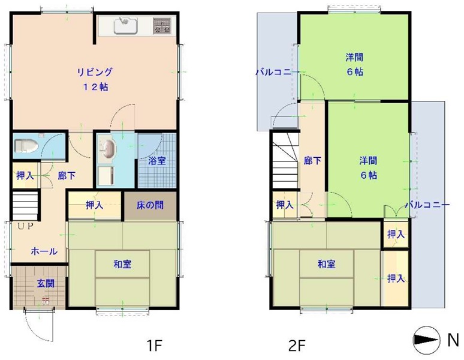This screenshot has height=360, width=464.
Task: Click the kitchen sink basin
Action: click(x=126, y=25)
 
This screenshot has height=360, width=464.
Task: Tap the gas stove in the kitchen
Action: click(x=162, y=25)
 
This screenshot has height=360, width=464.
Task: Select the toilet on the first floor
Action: click(x=26, y=146)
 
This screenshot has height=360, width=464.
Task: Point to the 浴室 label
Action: click(x=157, y=161)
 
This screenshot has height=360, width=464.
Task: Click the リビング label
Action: click(x=95, y=72)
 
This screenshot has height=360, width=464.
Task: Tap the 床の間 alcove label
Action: click(x=150, y=205)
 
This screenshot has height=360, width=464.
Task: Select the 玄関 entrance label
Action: click(x=46, y=284)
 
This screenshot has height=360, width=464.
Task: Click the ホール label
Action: click(x=44, y=251)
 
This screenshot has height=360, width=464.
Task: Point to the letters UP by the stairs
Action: click(x=25, y=226)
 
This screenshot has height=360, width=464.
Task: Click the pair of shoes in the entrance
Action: click(x=46, y=301)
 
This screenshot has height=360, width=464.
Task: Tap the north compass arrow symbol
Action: click(x=425, y=340)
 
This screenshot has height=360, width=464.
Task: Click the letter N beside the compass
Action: click(x=453, y=340)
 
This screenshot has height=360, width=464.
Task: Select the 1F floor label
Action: click(x=155, y=345)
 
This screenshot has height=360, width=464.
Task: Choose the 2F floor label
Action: click(x=297, y=346)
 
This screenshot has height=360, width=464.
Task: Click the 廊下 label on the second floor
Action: click(x=313, y=161)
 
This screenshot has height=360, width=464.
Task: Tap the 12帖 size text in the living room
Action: click(x=95, y=87)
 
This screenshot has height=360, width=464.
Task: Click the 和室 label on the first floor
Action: click(x=122, y=264)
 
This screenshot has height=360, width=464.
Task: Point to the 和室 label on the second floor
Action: click(x=326, y=264)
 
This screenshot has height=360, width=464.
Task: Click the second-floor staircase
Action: click(x=285, y=160)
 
